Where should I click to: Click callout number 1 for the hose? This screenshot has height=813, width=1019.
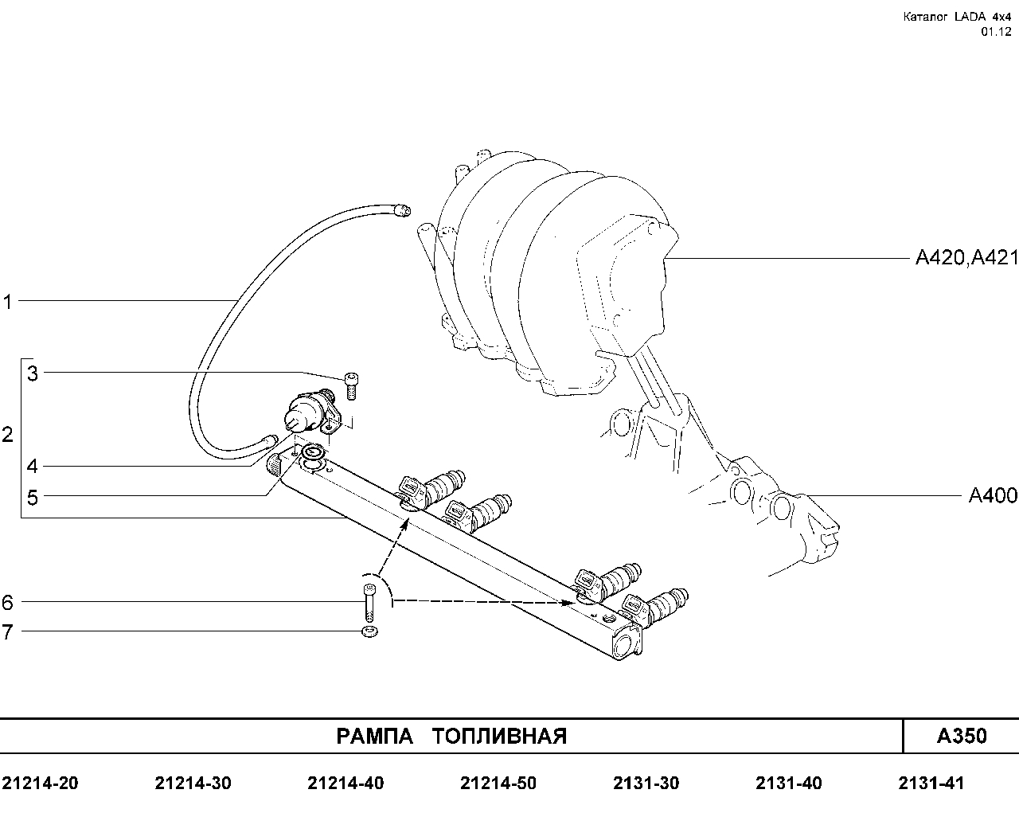point(7,302)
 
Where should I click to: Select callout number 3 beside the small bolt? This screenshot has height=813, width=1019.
point(32,373)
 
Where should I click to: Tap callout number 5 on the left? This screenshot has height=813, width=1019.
point(32,498)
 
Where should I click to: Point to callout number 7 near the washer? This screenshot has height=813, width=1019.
point(7,632)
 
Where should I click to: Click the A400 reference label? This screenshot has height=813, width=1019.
point(993,495)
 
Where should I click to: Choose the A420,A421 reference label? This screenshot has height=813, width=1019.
point(966,258)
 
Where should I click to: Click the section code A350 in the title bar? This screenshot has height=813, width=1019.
point(962,736)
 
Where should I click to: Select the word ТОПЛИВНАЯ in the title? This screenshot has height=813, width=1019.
point(500,737)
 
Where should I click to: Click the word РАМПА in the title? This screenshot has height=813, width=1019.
point(374,737)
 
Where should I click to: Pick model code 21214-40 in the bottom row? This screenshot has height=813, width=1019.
point(346,784)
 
